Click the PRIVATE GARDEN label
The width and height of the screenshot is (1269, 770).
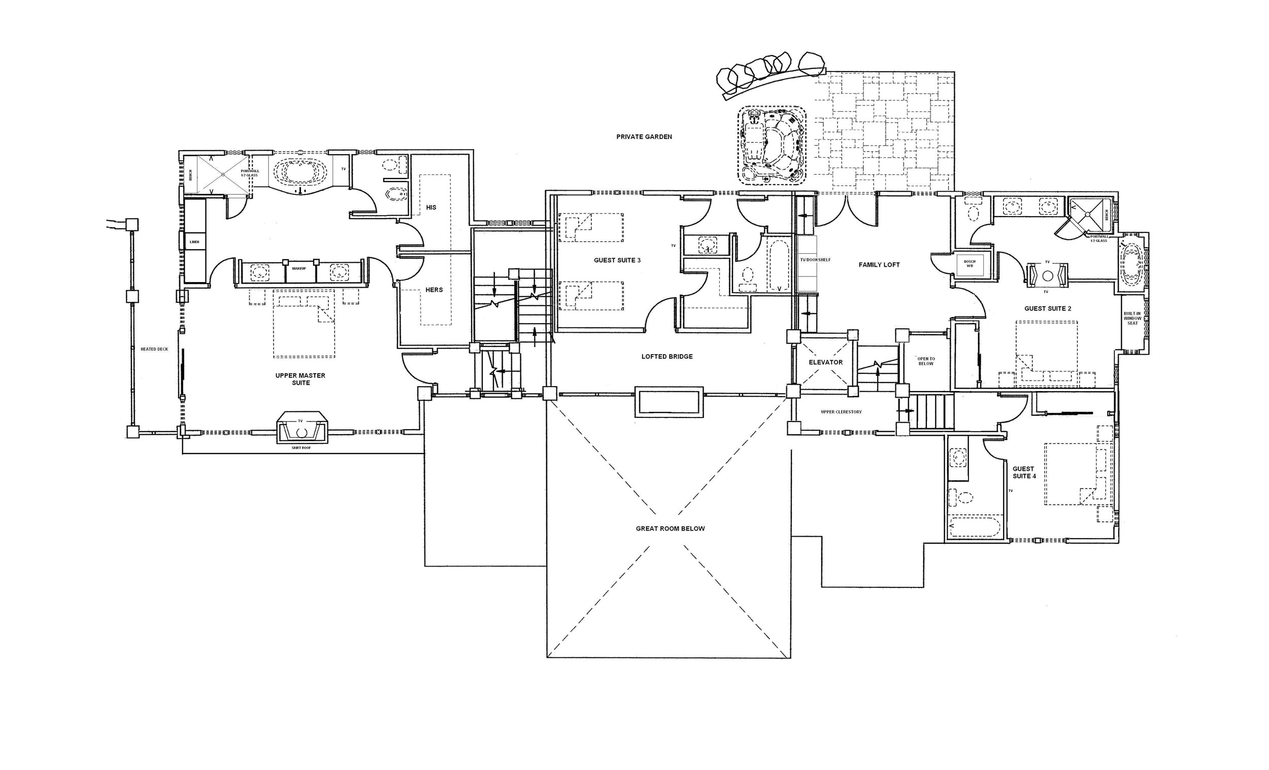[644, 137]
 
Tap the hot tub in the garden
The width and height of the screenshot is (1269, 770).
[772, 146]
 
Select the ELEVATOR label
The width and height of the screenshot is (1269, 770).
[825, 362]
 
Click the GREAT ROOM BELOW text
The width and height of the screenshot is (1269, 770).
[670, 529]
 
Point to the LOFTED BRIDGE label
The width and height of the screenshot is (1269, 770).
[667, 357]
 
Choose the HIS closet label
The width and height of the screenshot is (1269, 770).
[431, 207]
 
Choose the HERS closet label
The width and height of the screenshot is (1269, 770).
[433, 290]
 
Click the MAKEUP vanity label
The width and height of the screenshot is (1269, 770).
[299, 269]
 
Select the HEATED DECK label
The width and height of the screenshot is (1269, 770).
[154, 349]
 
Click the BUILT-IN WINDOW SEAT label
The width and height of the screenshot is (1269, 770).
[1132, 318]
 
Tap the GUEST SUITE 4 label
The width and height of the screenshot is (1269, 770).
[1023, 473]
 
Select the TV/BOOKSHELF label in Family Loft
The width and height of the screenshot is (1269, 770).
[815, 260]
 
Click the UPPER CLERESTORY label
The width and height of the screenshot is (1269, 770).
[841, 412]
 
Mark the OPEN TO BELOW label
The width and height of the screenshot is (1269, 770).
[926, 361]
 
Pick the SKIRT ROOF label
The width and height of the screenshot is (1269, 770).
[302, 448]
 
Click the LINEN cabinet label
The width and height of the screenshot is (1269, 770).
[194, 242]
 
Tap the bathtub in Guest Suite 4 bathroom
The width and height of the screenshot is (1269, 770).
[975, 527]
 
